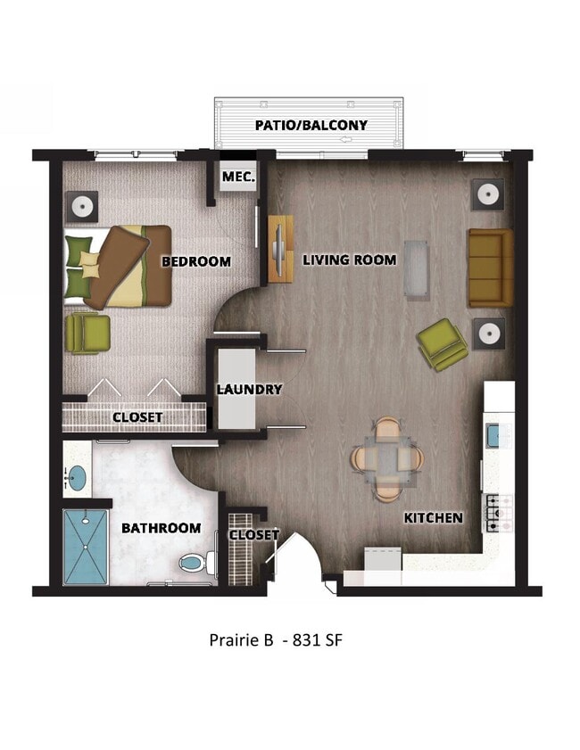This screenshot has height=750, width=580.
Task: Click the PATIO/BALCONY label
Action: coord(311,125)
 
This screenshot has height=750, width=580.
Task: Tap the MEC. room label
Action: coord(238,177)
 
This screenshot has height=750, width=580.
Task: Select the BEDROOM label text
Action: coord(195,261)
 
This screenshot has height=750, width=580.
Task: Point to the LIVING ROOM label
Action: coord(349,260)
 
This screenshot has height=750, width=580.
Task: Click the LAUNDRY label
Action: coord(250,389)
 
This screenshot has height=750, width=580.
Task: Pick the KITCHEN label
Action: coord(434,517)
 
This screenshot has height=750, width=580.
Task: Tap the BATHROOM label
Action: coord(161,528)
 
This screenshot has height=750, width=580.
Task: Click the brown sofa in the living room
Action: coord(490,268)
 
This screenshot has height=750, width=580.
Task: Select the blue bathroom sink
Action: coord(78,477)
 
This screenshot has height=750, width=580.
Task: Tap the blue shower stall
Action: coord(87,547)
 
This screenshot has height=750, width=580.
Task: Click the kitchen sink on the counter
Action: coord(496,434)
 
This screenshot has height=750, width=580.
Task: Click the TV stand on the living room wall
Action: coord(279,249)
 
